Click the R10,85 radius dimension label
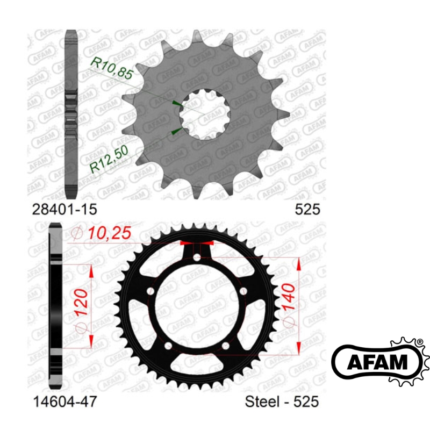[x=112, y=69]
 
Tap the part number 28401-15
[x=64, y=210]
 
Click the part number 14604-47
[x=64, y=402]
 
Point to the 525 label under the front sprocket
[x=307, y=210]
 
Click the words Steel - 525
[x=282, y=402]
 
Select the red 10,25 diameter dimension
[x=101, y=233]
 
